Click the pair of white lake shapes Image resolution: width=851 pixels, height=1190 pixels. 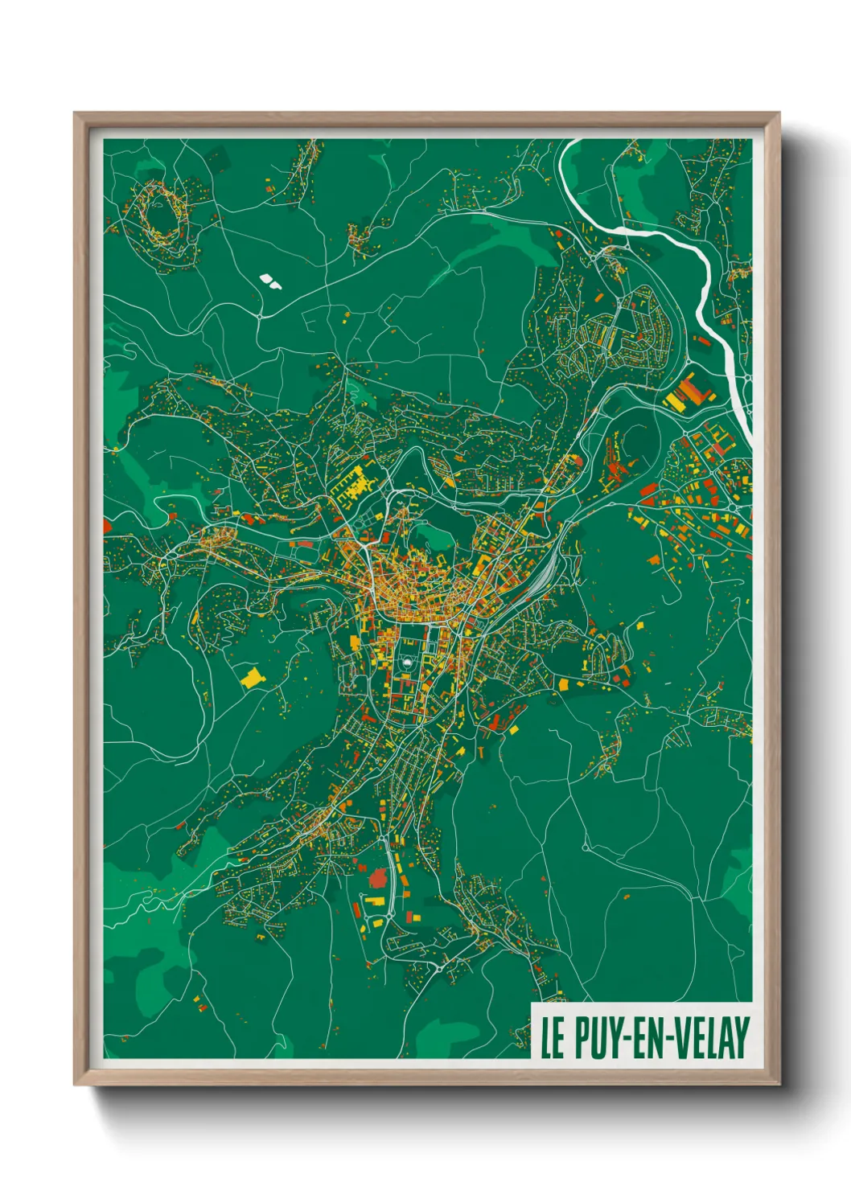[x=270, y=281]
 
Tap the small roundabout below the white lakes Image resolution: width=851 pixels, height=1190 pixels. [x=260, y=316]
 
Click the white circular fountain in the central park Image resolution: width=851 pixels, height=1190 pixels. [x=407, y=662]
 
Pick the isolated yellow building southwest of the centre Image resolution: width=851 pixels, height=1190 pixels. [x=252, y=677]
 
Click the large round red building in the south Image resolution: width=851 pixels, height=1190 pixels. [x=377, y=879]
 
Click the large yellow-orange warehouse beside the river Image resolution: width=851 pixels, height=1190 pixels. [x=684, y=392]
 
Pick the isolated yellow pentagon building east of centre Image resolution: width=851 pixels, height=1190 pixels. [x=641, y=624]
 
